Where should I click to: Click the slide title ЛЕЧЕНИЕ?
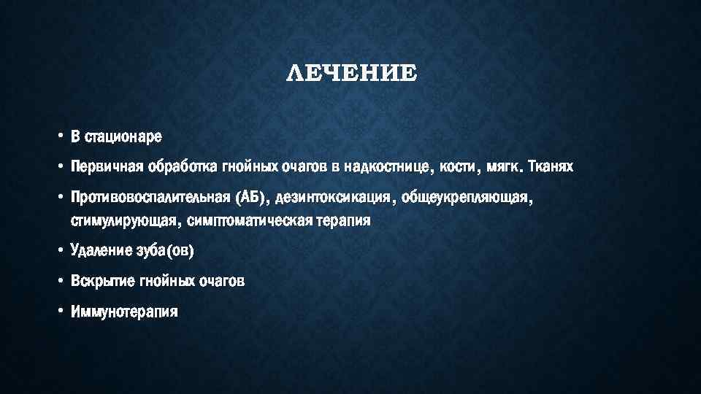click(350, 73)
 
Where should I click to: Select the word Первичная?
click(104, 168)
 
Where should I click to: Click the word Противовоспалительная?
click(150, 199)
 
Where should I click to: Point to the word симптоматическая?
click(249, 220)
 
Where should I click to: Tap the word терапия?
click(345, 220)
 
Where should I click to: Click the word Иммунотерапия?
click(124, 312)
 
